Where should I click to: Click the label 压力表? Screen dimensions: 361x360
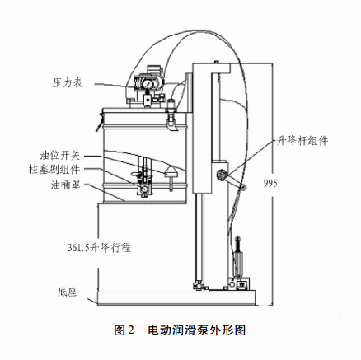68,83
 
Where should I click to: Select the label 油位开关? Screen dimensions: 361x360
60,156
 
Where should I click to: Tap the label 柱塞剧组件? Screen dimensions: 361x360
54,170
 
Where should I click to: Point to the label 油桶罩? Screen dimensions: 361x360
65,185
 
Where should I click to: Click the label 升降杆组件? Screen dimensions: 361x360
302,141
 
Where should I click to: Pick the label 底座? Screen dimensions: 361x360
68,292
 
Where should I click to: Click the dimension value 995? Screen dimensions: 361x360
270,183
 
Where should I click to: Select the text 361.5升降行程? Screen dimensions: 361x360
99,248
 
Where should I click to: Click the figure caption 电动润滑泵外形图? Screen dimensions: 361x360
197,330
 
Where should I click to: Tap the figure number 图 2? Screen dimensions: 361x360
124,330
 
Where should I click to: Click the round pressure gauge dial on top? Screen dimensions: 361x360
148,83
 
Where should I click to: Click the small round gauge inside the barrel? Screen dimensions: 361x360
143,189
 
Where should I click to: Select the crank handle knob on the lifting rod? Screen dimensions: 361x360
243,187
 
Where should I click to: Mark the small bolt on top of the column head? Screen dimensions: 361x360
217,62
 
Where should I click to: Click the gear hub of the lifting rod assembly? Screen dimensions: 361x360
222,175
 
